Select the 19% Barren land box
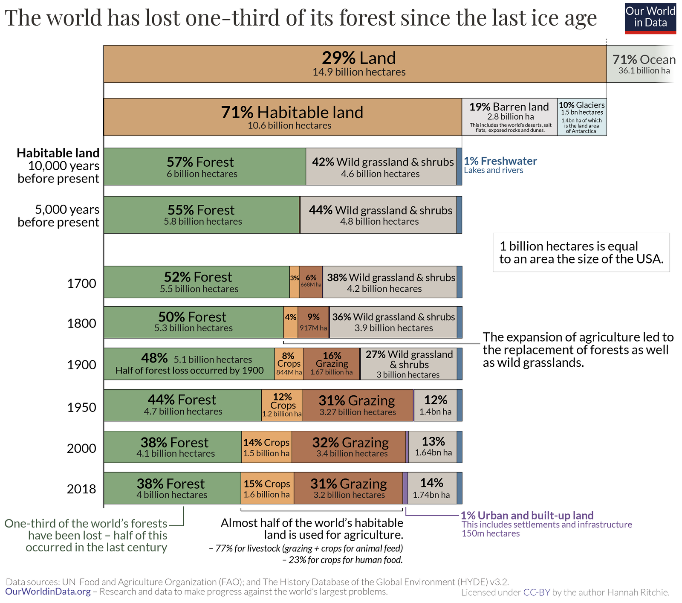click(509, 117)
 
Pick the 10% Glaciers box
click(581, 117)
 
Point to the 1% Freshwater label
click(500, 161)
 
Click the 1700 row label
click(81, 283)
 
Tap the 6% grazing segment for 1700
click(311, 282)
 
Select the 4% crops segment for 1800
click(291, 322)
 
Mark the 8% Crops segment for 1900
click(289, 364)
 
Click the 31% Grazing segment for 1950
click(358, 405)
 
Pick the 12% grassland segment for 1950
click(435, 405)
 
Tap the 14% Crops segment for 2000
click(266, 447)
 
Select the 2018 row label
click(81, 489)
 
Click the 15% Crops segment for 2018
click(267, 488)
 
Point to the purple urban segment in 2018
click(405, 488)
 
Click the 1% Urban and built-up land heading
click(527, 516)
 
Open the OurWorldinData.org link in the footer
click(48, 592)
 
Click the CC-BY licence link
click(537, 592)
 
